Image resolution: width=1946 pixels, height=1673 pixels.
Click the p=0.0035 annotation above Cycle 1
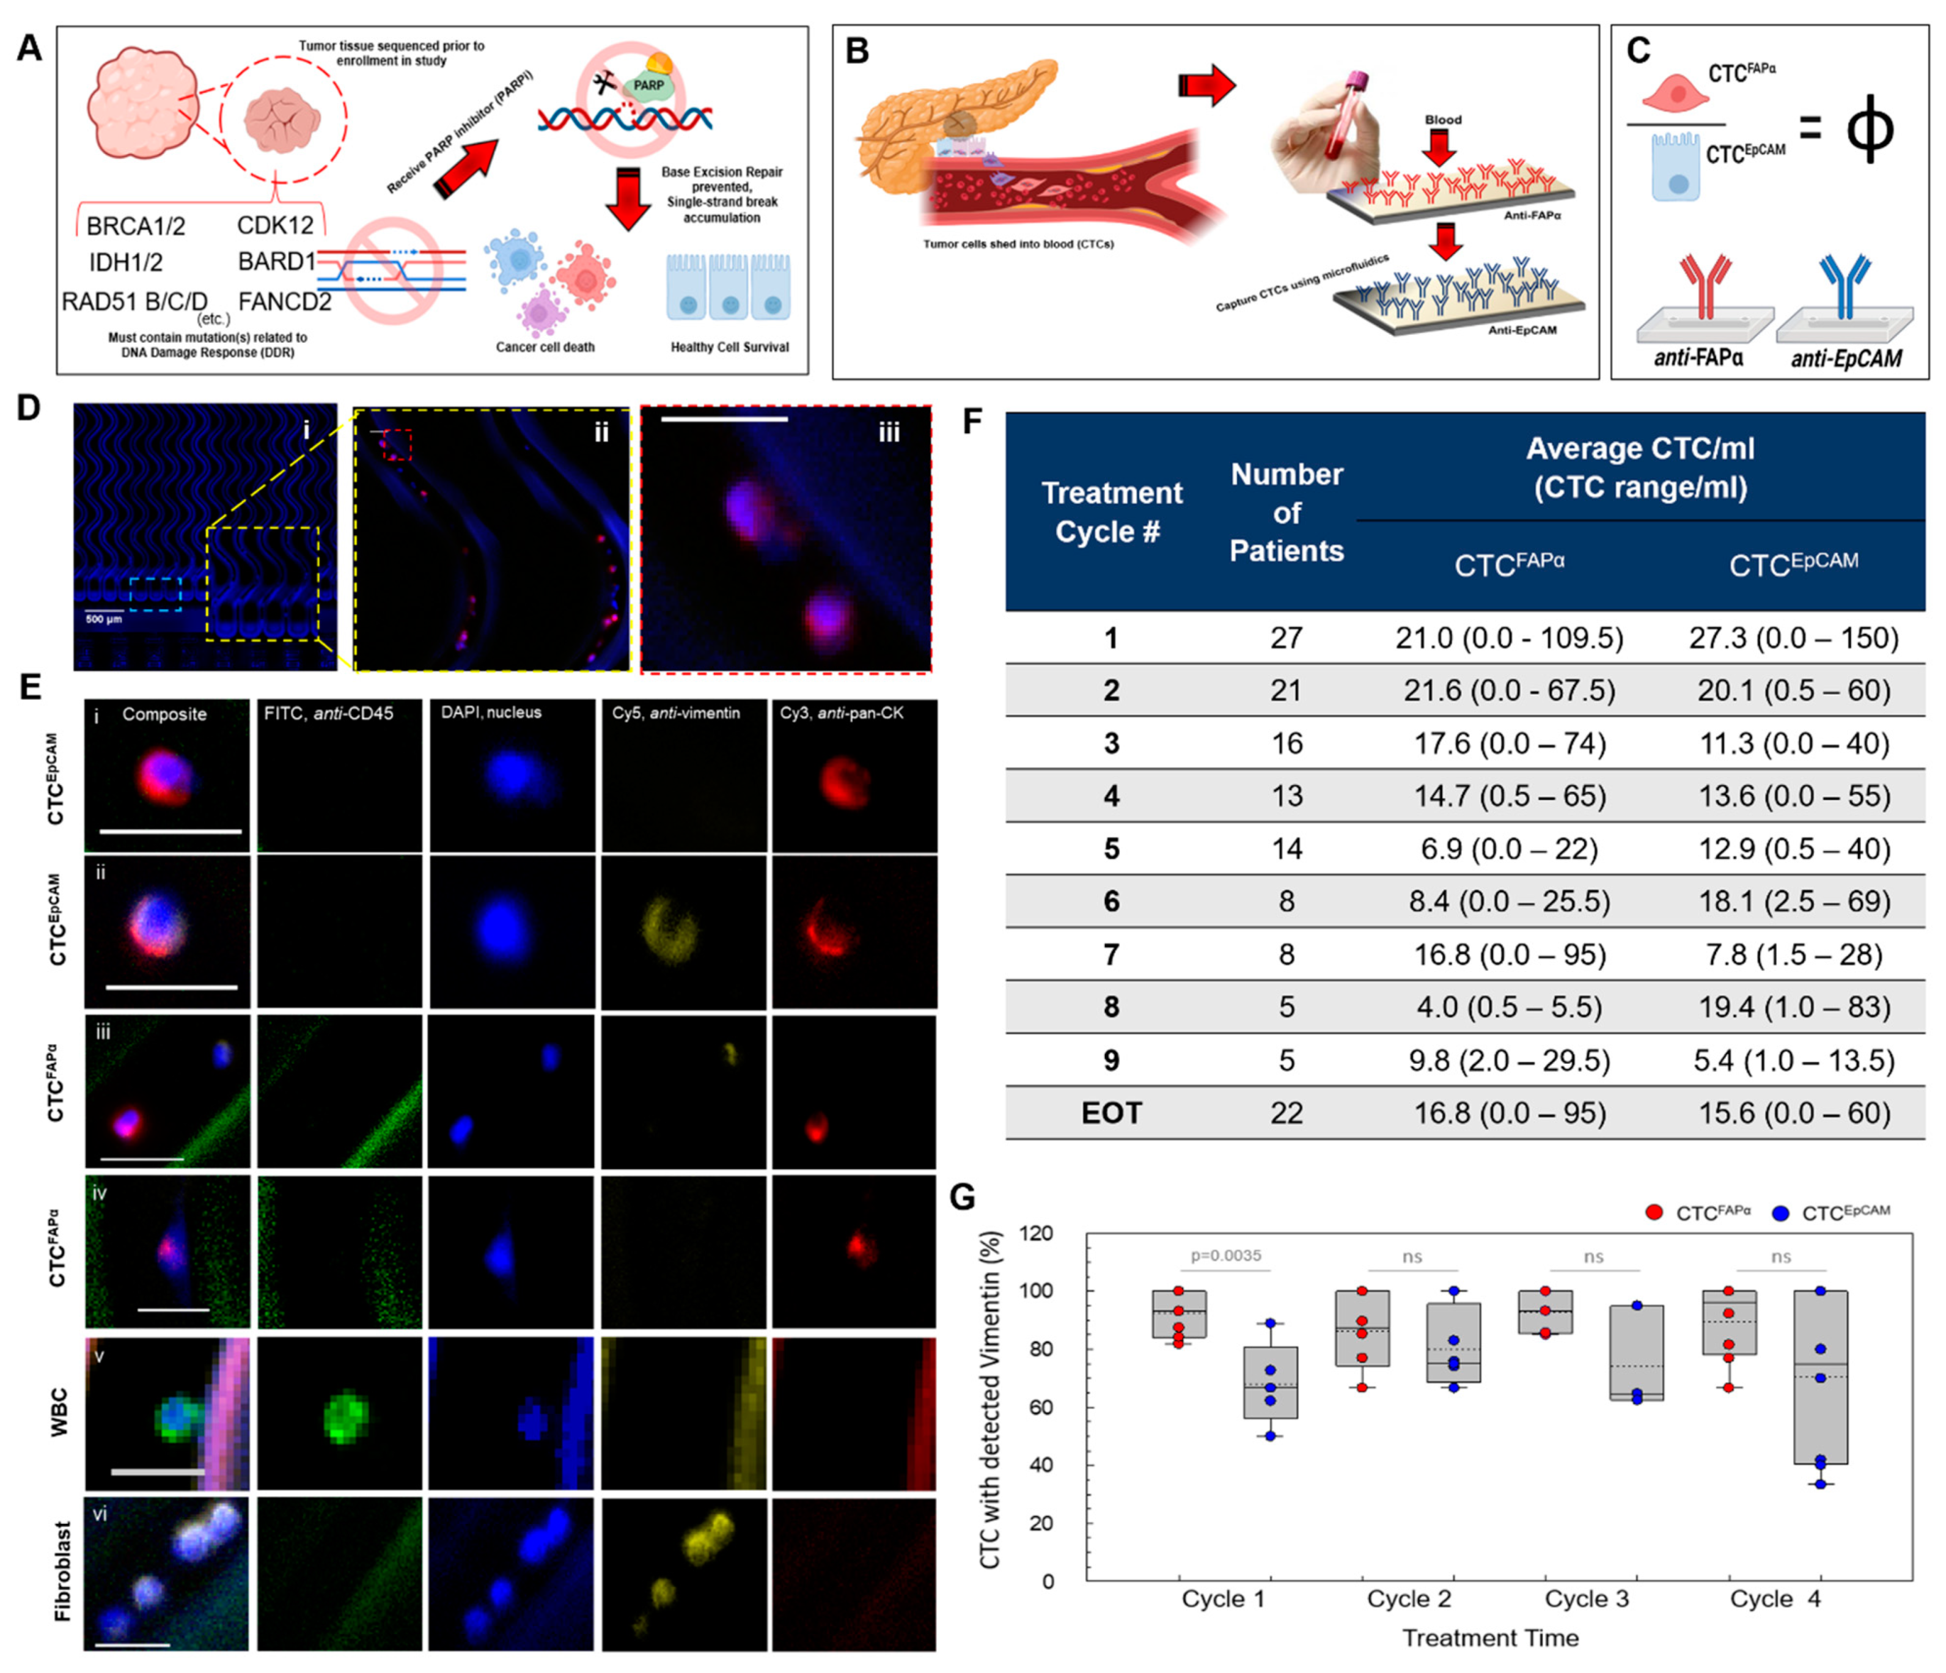tap(1225, 1255)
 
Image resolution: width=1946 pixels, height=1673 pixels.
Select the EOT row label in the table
tap(1111, 1113)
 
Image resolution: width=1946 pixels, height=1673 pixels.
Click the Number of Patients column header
tap(1287, 513)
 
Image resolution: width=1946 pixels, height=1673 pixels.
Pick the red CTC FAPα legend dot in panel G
tap(1654, 1213)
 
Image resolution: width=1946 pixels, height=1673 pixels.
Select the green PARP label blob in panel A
tap(647, 86)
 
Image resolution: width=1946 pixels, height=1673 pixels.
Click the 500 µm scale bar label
tap(103, 620)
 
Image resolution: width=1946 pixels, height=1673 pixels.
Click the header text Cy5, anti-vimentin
tap(675, 714)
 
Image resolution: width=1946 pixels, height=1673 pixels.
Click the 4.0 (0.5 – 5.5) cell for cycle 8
tap(1509, 1008)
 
